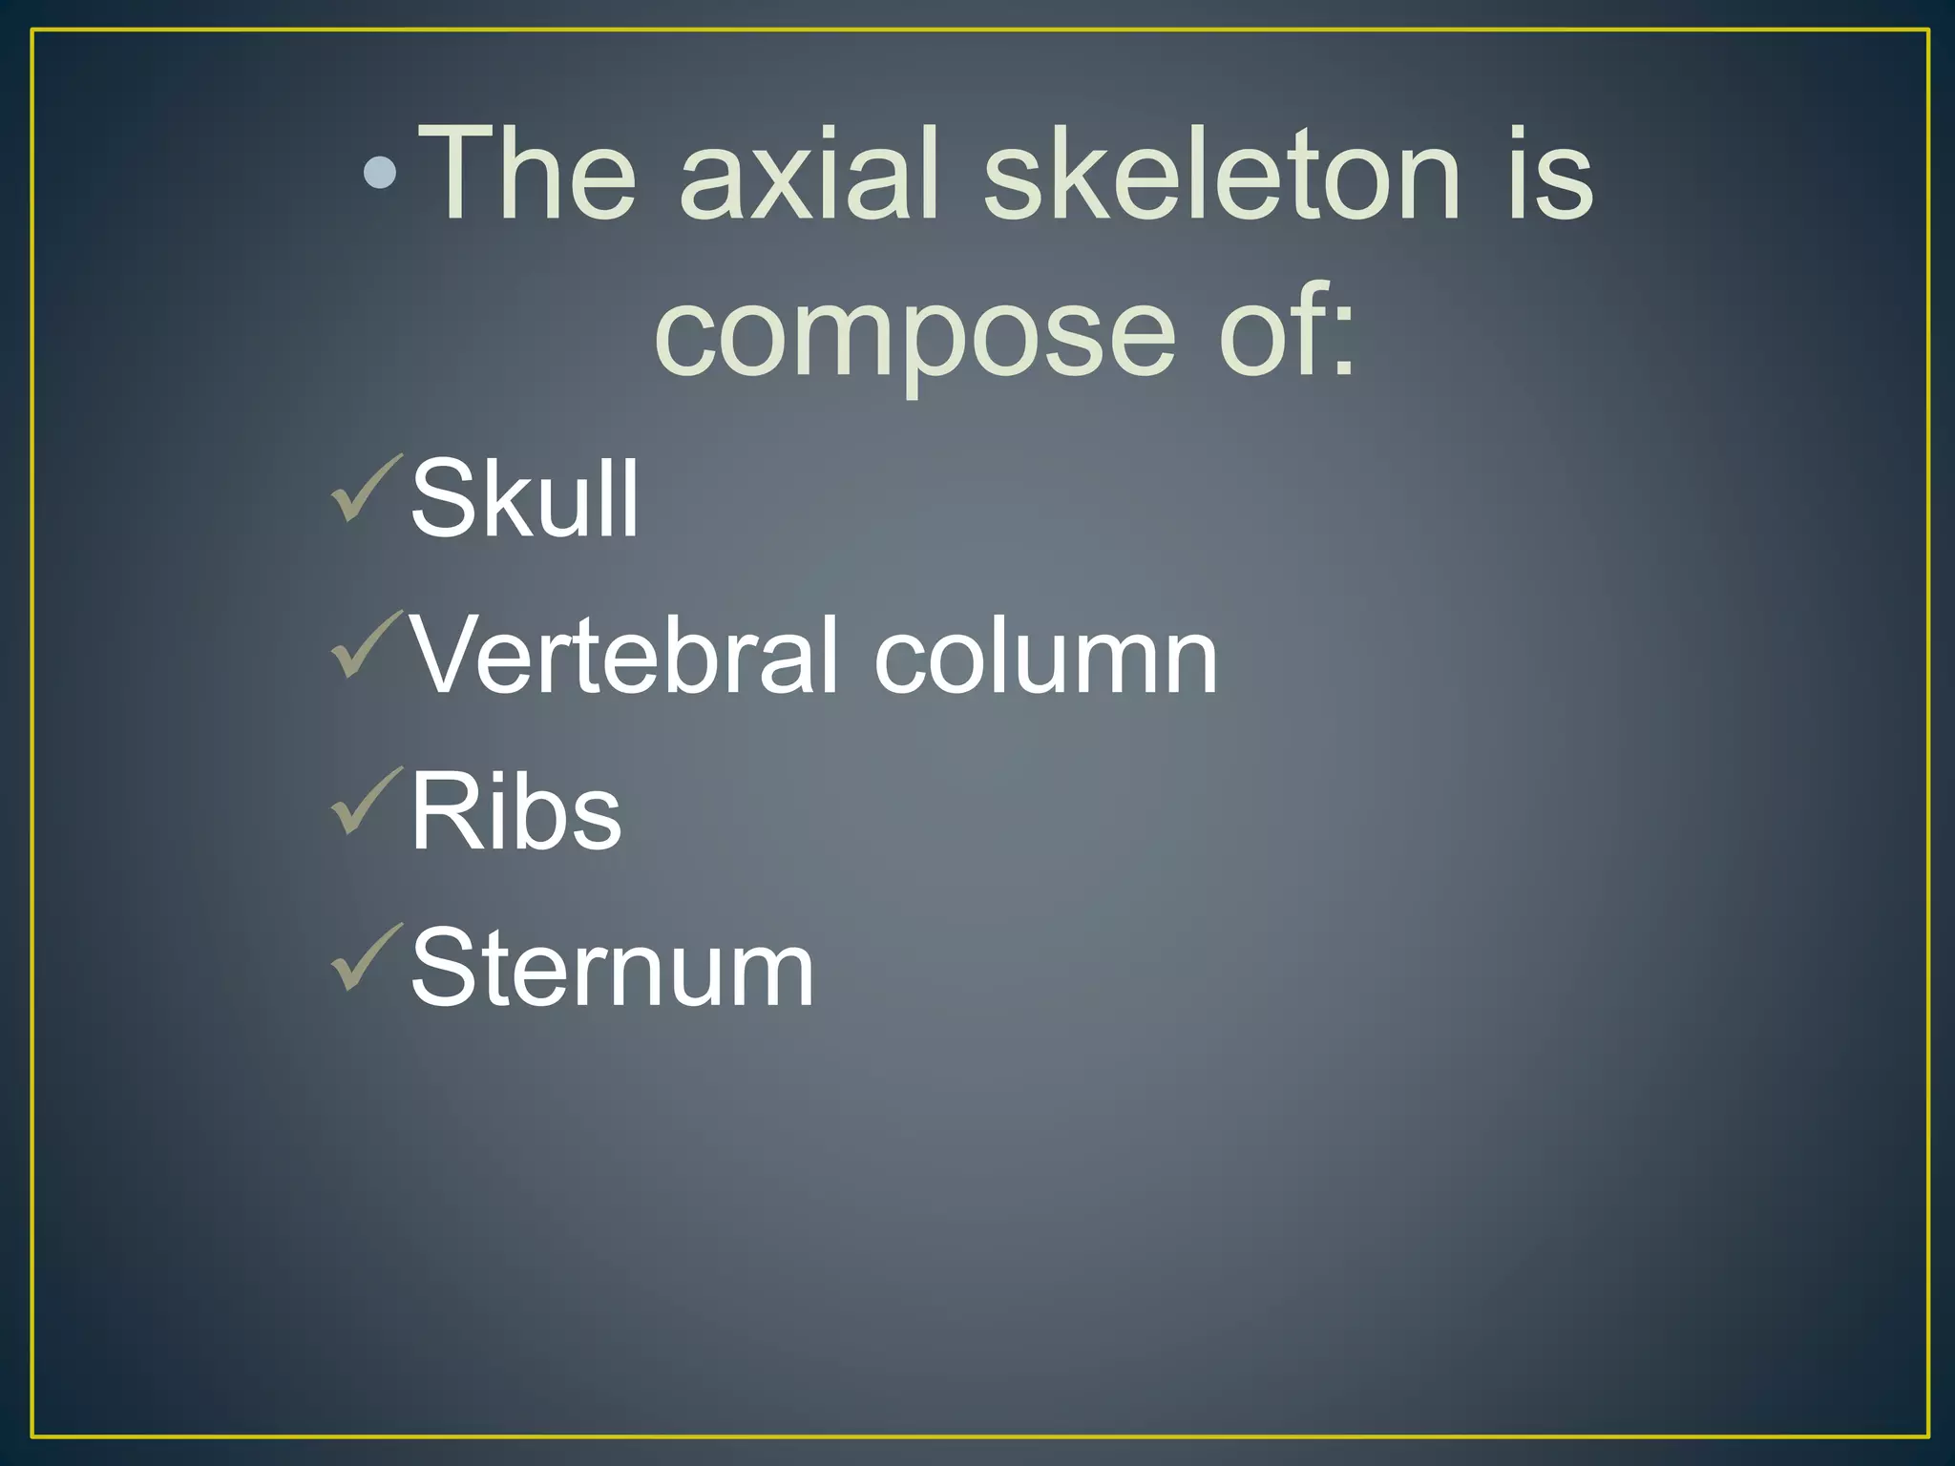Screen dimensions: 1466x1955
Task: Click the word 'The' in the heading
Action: pos(528,176)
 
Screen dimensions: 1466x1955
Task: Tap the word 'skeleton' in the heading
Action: pos(1221,176)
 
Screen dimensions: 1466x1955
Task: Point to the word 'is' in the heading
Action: pos(1550,176)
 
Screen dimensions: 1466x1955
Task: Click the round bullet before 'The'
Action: pos(381,173)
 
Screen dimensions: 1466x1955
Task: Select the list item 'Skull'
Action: pos(524,497)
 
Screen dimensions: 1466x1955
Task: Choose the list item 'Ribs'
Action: pos(515,812)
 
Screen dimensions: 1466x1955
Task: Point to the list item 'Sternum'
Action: pos(612,968)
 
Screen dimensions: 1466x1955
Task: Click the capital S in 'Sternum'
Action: pos(444,968)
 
